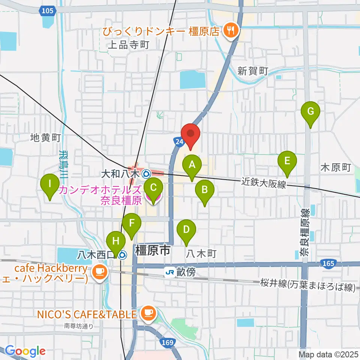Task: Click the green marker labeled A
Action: [192, 165]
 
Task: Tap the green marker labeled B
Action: [204, 190]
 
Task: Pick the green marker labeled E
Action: [287, 161]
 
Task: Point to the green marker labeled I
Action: [50, 184]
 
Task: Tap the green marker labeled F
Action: [132, 223]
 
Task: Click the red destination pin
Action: [191, 134]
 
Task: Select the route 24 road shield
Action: [178, 141]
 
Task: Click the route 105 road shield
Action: [48, 12]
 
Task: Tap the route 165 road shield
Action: [328, 264]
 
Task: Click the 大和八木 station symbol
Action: [146, 174]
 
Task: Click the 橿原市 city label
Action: [153, 250]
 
